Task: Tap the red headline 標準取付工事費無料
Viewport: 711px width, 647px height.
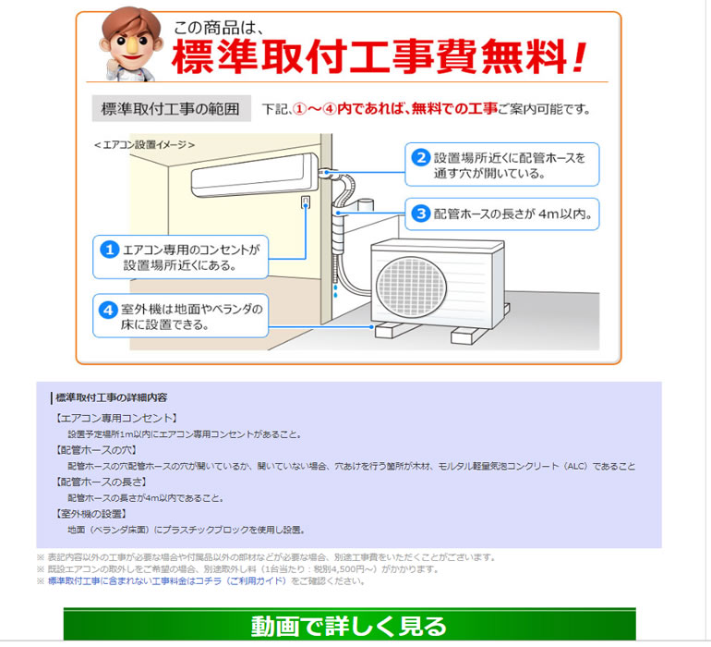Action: point(380,56)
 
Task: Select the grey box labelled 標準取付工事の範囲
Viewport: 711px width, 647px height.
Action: point(172,108)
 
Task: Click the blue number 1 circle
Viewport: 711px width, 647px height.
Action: point(109,250)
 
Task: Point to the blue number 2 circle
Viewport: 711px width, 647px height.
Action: point(421,157)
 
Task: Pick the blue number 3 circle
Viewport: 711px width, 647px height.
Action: point(421,214)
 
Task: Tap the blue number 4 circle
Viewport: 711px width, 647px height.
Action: point(108,311)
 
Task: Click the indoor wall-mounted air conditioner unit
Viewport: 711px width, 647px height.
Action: point(255,175)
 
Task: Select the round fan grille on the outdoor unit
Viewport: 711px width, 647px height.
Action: point(412,287)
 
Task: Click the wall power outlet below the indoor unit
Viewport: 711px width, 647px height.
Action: point(306,201)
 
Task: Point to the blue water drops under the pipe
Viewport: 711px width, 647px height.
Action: point(335,291)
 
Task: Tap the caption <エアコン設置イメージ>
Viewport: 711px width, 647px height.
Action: point(144,145)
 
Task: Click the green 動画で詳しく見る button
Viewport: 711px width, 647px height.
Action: point(350,625)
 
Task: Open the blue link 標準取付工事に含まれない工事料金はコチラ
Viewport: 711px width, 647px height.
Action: point(167,581)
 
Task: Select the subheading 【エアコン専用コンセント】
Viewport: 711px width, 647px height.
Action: point(116,418)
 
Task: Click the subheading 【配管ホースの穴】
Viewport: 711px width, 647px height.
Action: point(96,450)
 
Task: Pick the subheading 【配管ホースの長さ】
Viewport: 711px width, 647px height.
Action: point(101,482)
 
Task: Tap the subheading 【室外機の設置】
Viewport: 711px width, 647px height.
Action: point(90,514)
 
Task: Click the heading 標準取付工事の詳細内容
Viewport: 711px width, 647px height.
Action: point(111,397)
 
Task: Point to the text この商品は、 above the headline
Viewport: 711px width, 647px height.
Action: point(219,27)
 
